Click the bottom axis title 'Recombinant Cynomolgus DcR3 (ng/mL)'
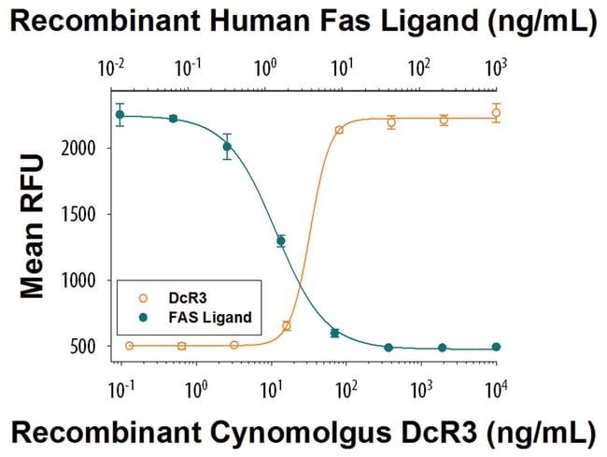click(x=303, y=432)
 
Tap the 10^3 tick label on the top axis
click(x=496, y=67)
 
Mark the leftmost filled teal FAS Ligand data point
click(x=120, y=115)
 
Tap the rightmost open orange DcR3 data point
click(x=496, y=113)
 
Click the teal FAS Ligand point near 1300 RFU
click(x=280, y=241)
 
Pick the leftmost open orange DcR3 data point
click(x=129, y=346)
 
